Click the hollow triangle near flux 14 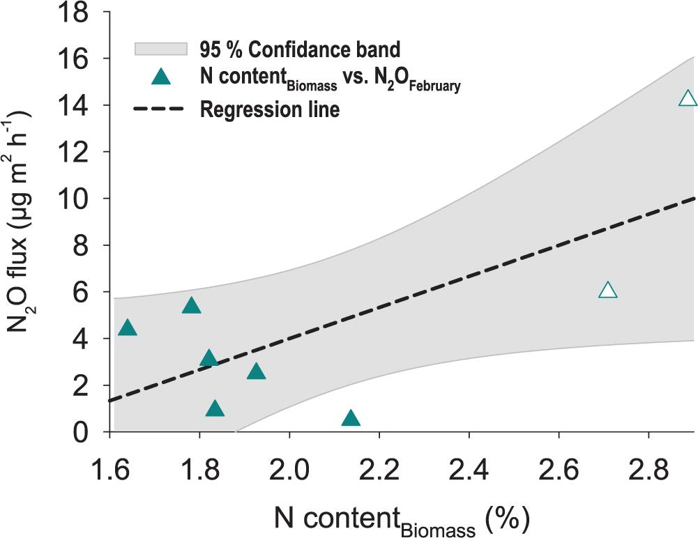[688, 98]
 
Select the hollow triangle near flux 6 [607, 291]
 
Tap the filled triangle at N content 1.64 [128, 328]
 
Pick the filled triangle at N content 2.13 [351, 419]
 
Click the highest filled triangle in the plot [191, 306]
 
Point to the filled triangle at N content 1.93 [257, 371]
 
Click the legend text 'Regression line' [270, 109]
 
